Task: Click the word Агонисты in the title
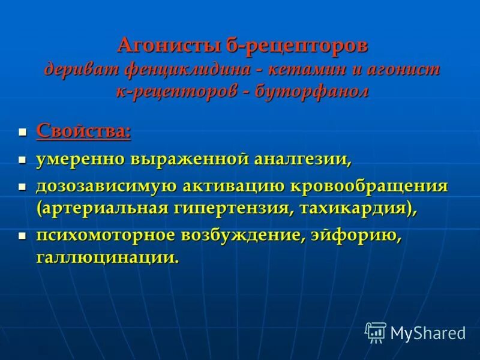(x=158, y=45)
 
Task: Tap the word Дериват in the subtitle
(x=82, y=69)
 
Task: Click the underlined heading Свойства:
(x=83, y=131)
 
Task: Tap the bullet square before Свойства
(x=23, y=131)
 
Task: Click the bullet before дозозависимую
(x=23, y=187)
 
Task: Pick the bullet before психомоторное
(x=23, y=236)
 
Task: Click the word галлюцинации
(x=107, y=258)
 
